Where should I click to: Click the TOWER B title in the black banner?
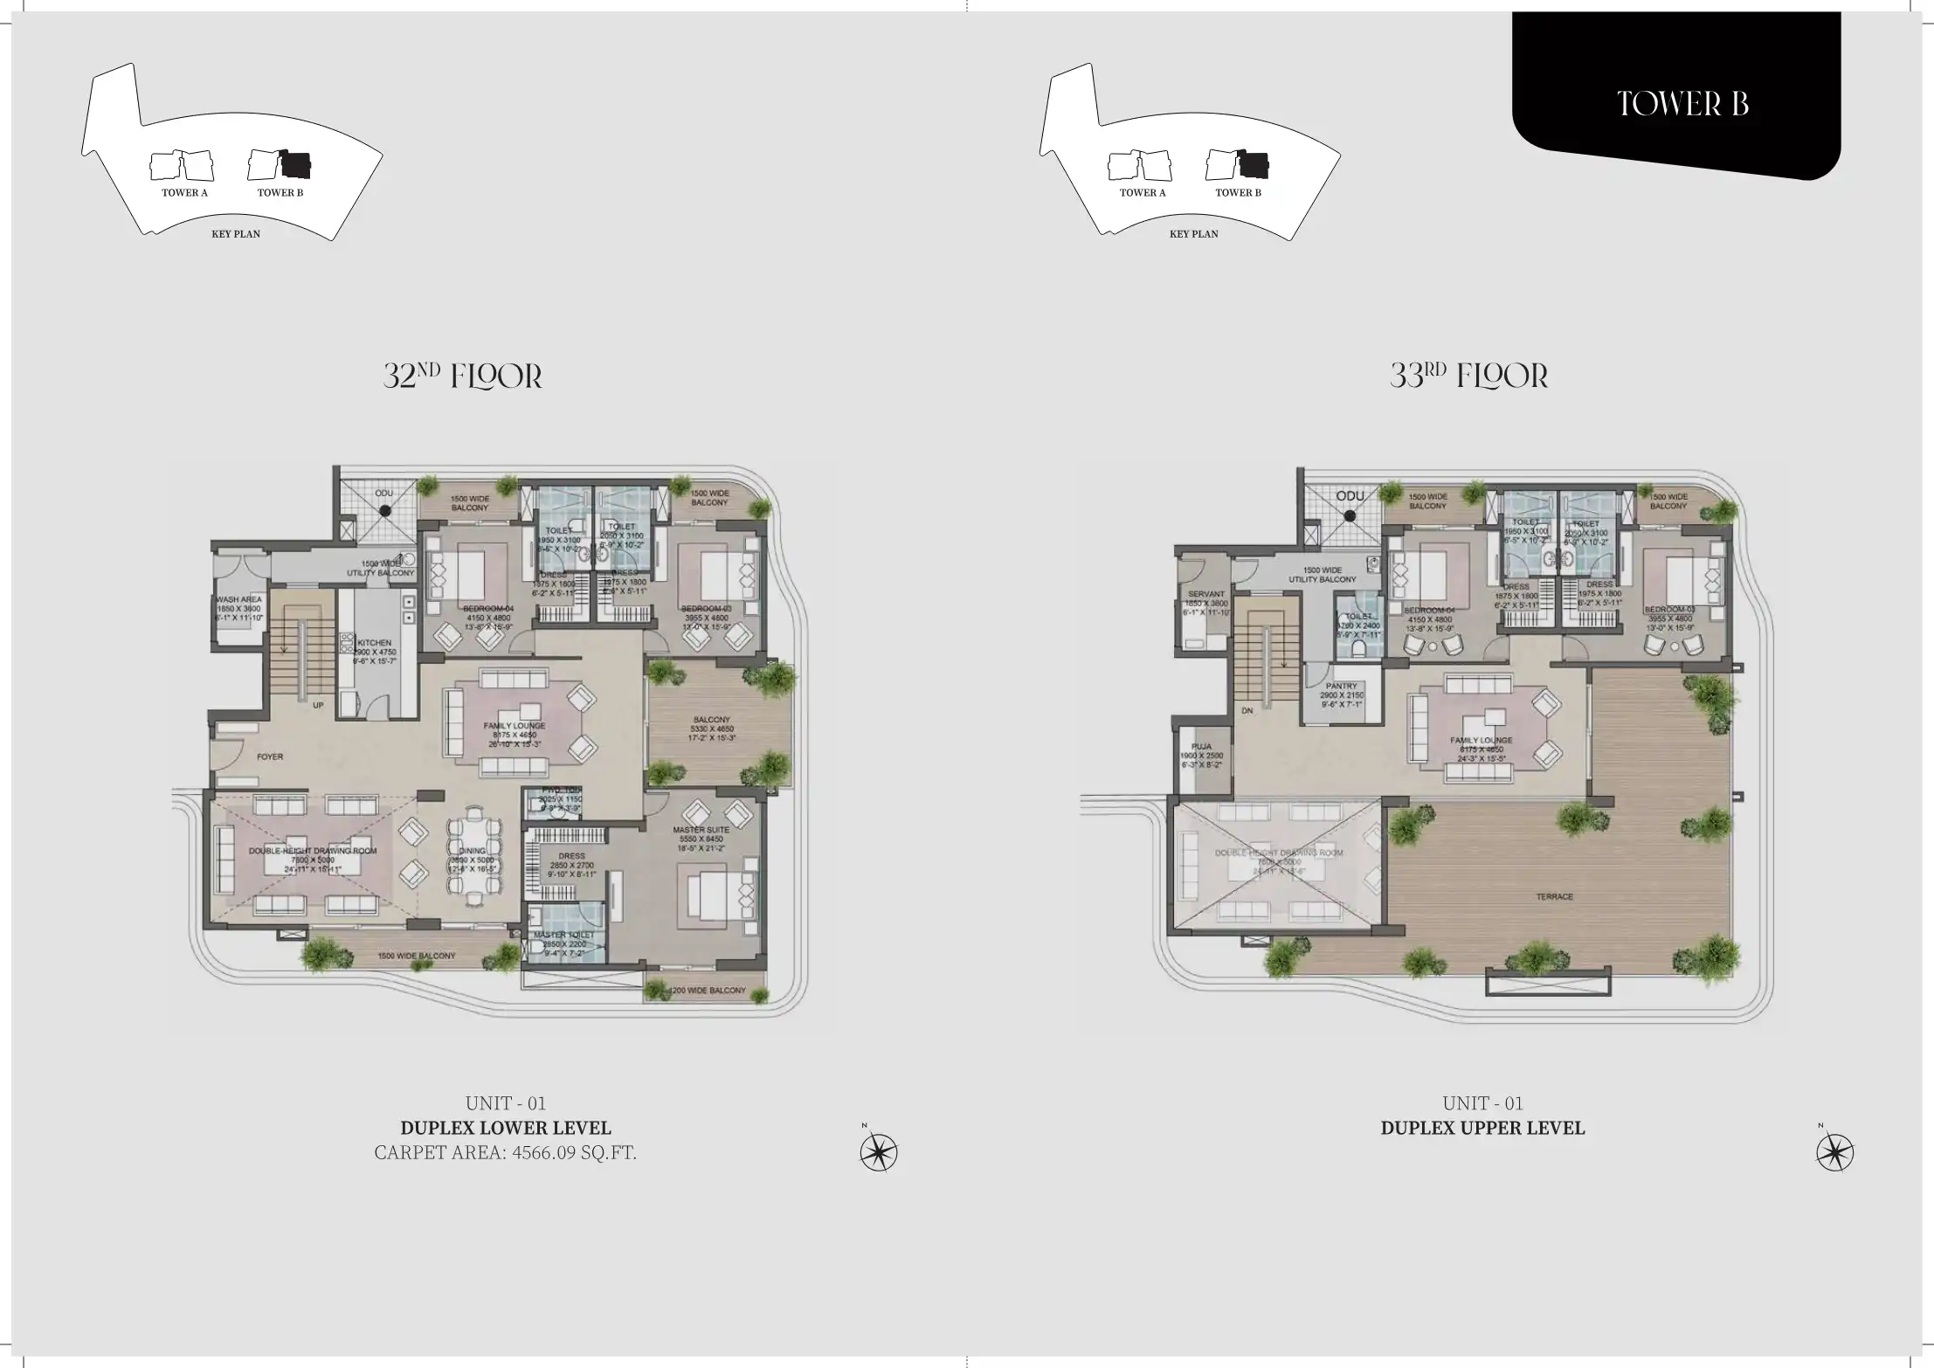tap(1682, 104)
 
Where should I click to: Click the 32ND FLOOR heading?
tap(463, 376)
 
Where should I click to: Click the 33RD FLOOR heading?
tap(1468, 376)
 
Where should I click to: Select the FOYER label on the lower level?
tap(270, 757)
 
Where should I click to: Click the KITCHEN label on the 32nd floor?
tap(375, 643)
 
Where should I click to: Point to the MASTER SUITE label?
tap(701, 829)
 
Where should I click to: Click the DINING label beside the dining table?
tap(472, 851)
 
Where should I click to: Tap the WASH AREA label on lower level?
tap(238, 600)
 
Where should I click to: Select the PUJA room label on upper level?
tap(1201, 747)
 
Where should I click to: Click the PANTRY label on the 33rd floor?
tap(1341, 687)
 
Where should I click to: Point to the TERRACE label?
tap(1555, 897)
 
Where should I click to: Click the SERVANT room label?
tap(1205, 594)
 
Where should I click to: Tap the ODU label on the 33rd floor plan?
tap(1350, 496)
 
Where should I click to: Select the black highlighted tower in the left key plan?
tap(296, 164)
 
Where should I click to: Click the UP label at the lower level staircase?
tap(318, 705)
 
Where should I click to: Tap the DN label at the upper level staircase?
tap(1247, 711)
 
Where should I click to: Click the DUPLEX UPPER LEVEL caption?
tap(1482, 1128)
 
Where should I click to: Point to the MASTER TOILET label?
tap(563, 935)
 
